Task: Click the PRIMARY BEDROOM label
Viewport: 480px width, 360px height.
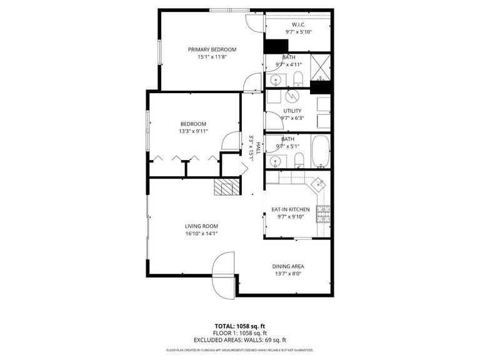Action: (212, 49)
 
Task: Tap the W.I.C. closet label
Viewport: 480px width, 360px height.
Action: (298, 24)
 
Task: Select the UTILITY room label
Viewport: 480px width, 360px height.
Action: (292, 111)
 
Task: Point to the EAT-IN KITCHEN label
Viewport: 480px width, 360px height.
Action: (290, 209)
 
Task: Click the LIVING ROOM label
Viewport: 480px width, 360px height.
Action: (201, 226)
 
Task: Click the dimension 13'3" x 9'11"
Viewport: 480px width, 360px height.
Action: (193, 131)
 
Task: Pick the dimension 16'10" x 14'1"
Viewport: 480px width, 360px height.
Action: (201, 234)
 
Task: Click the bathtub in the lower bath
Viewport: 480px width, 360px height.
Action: (321, 152)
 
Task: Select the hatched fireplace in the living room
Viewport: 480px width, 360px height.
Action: (226, 187)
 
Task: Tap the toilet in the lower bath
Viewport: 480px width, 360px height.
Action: (298, 159)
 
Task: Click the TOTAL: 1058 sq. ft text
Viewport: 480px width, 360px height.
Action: (240, 326)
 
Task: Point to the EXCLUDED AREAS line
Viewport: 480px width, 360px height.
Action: (240, 340)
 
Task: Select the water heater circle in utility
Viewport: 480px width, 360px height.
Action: (292, 97)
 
